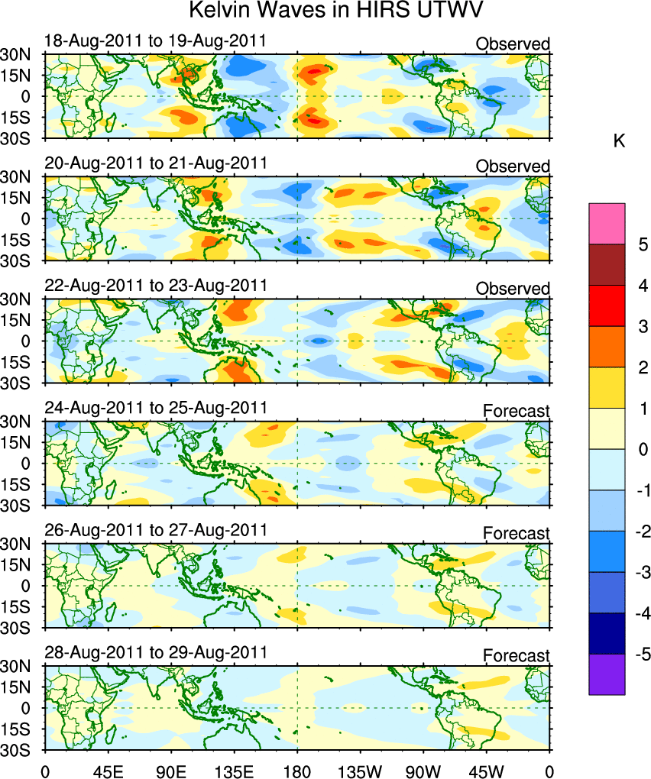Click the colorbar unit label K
pos(620,141)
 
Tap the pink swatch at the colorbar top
pos(607,223)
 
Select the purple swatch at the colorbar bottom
pos(607,674)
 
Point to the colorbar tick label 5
pos(642,244)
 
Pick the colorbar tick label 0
pos(642,449)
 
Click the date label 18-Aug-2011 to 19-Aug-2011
pos(156,40)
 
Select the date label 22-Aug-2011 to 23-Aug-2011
pos(156,285)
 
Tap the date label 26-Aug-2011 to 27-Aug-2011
pos(156,530)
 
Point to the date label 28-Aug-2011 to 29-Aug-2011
pos(156,652)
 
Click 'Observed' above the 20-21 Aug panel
pos(513,166)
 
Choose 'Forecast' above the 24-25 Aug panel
pos(517,411)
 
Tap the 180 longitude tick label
pos(297,766)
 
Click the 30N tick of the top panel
pos(15,54)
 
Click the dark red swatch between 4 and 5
pos(607,264)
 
